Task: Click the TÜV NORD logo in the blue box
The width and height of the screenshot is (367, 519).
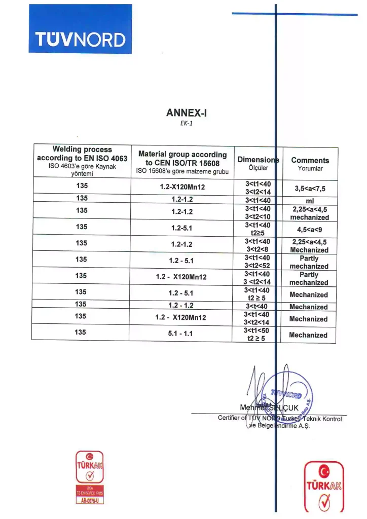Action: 80,39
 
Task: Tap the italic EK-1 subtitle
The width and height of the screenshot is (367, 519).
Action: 185,123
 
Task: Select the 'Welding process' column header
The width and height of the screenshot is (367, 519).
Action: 83,150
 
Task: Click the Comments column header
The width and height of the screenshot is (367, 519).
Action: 310,160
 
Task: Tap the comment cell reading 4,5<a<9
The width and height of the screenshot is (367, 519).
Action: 309,229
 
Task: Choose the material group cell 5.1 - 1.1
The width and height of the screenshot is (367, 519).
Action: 182,335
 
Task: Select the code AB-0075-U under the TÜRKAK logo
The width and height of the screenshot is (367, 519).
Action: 89,500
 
